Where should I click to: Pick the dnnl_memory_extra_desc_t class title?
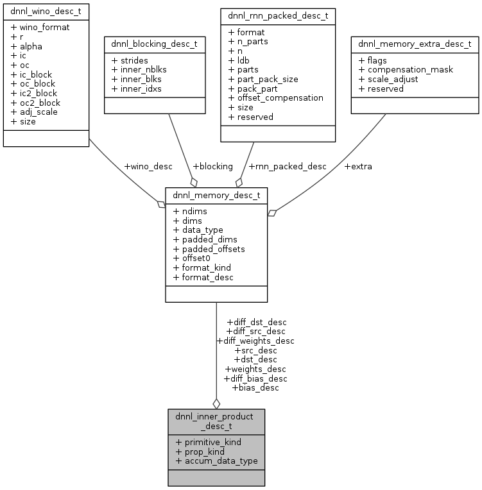(x=415, y=44)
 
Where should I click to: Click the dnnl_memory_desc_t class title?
(x=216, y=195)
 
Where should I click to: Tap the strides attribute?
(x=130, y=60)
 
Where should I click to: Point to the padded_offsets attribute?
(x=209, y=248)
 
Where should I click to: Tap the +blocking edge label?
(x=213, y=167)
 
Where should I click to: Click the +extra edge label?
(x=358, y=167)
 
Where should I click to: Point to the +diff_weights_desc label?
(x=255, y=341)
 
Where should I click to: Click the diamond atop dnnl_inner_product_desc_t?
(x=216, y=403)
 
